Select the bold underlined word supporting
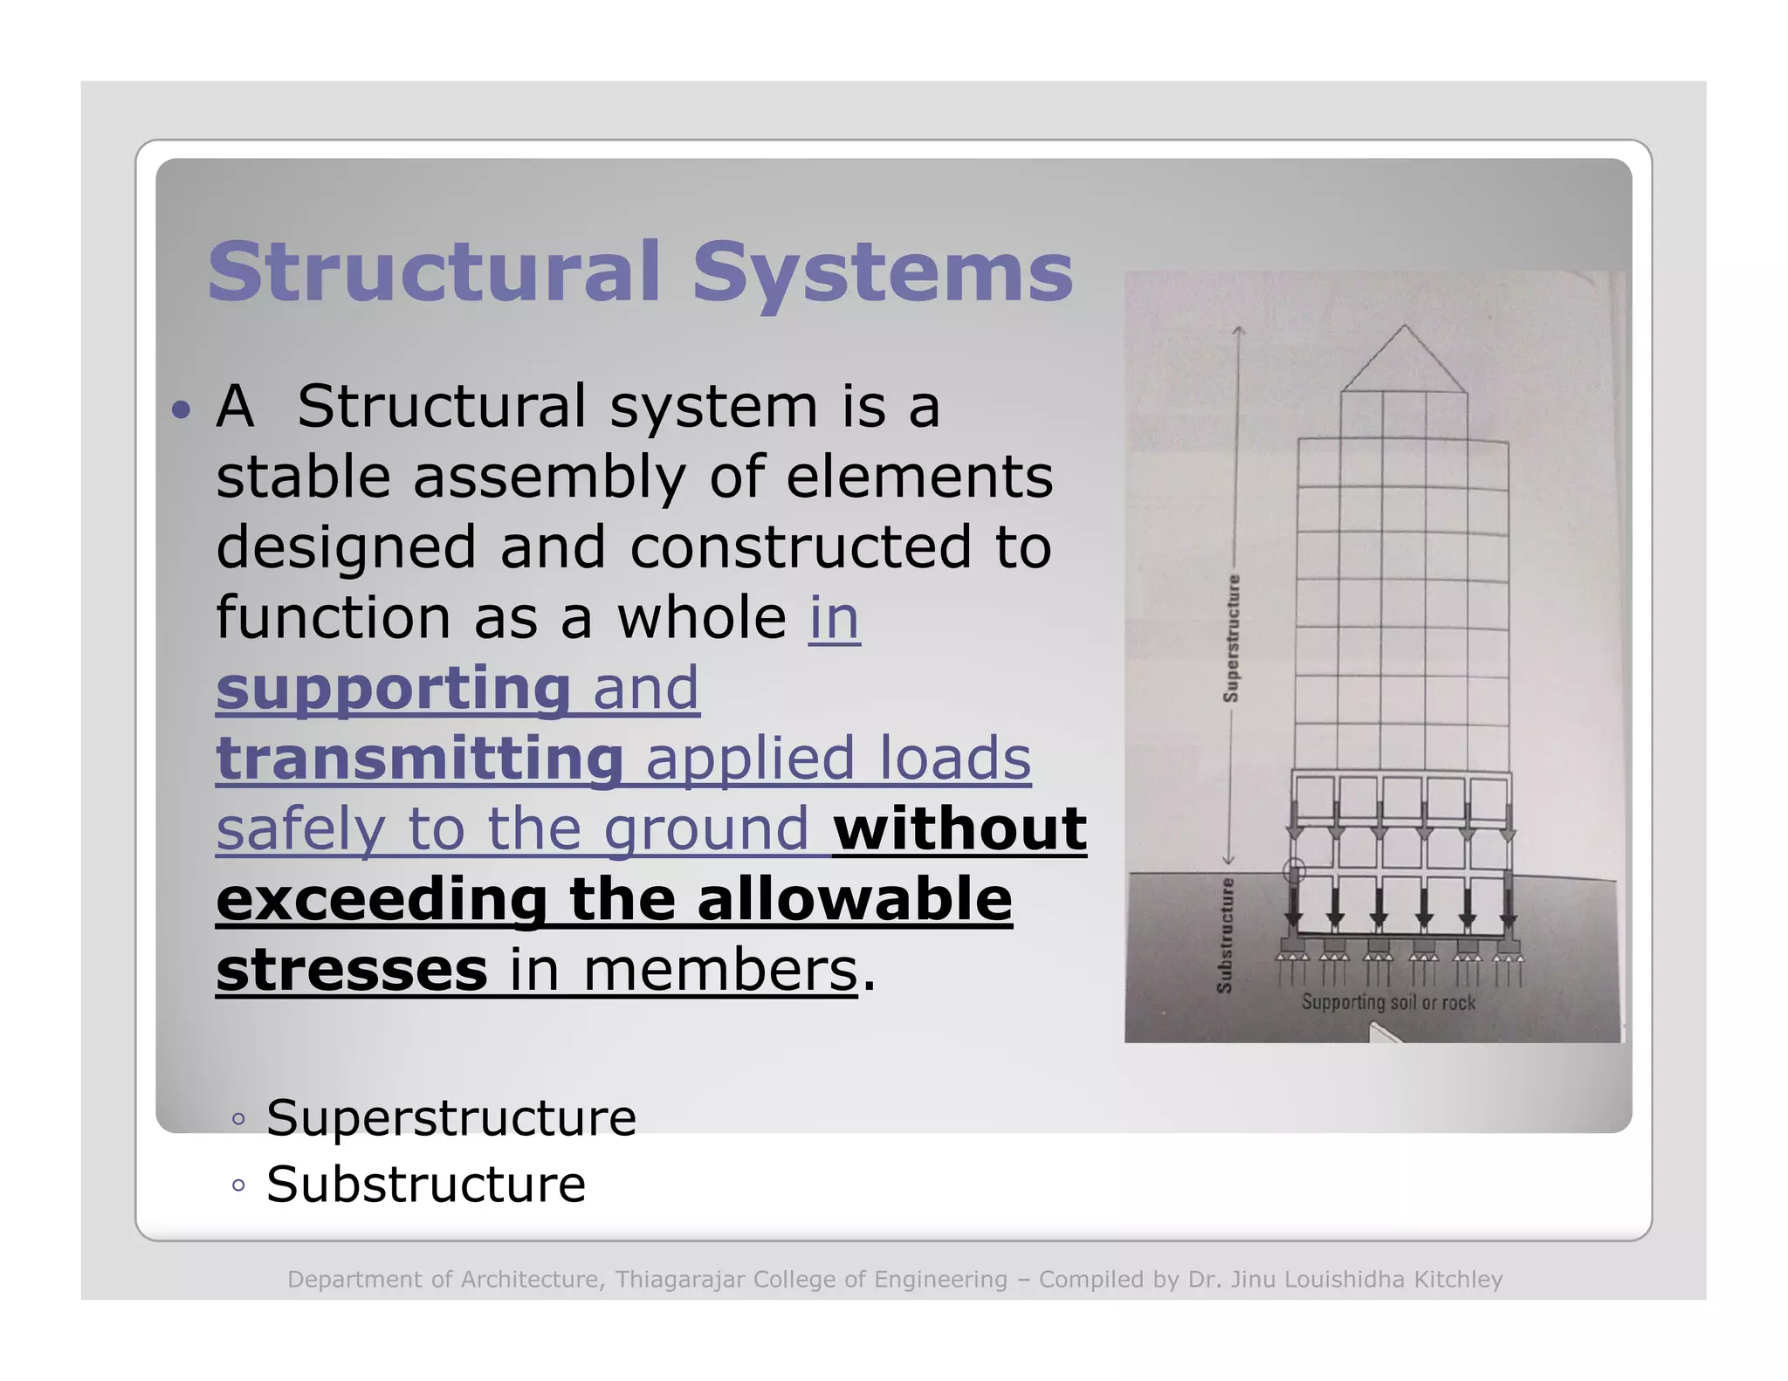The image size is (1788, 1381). click(393, 688)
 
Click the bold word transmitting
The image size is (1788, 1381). click(419, 758)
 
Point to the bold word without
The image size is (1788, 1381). click(959, 828)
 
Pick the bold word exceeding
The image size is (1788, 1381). click(382, 899)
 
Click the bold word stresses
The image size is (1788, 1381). click(351, 969)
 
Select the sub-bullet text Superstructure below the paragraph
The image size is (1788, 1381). click(451, 1117)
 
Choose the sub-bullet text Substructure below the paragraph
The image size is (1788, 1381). click(426, 1185)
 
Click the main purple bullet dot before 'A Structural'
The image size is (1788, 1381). click(181, 409)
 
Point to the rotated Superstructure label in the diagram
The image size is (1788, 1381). click(1231, 638)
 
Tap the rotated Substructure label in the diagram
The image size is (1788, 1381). click(1225, 935)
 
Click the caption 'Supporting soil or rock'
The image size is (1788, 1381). click(1388, 1002)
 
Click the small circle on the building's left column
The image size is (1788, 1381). click(1294, 870)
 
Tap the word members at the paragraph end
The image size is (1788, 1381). click(720, 970)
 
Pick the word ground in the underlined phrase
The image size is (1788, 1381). click(706, 828)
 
